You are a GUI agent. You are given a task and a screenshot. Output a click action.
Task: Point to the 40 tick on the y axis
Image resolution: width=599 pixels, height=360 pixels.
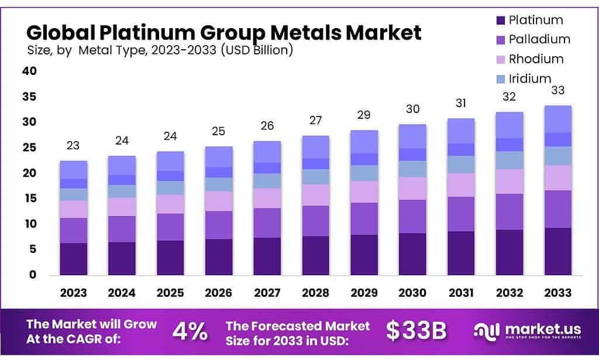click(x=29, y=71)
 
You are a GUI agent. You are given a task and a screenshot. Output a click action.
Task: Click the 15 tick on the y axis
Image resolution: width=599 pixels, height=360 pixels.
click(x=29, y=198)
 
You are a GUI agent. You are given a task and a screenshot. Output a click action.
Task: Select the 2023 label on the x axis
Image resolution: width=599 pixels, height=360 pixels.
click(x=73, y=293)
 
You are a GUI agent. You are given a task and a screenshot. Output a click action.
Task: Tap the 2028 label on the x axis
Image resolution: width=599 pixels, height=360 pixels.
click(x=316, y=293)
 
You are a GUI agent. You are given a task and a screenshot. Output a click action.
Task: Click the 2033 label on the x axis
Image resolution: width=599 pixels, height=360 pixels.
click(x=557, y=293)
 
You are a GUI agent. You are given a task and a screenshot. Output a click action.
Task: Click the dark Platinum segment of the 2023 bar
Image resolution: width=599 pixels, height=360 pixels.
click(x=73, y=259)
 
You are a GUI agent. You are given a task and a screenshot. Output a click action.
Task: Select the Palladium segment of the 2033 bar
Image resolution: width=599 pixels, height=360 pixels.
click(x=557, y=209)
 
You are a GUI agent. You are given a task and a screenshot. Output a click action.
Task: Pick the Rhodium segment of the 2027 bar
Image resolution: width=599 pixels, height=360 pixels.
click(x=267, y=198)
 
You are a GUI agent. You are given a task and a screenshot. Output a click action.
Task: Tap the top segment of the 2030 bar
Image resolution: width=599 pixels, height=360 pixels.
click(x=412, y=136)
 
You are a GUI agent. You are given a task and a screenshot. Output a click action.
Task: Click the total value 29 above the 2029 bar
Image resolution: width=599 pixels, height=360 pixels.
click(x=364, y=115)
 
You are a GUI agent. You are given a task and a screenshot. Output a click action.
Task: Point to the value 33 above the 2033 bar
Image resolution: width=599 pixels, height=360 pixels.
click(x=557, y=91)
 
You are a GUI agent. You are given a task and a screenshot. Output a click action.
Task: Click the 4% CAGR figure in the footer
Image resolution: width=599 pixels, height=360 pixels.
click(x=190, y=332)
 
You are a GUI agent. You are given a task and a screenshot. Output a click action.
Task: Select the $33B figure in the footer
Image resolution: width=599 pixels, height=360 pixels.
click(x=416, y=331)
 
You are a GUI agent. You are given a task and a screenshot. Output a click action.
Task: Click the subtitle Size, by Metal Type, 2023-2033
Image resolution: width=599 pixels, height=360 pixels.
click(x=160, y=50)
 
